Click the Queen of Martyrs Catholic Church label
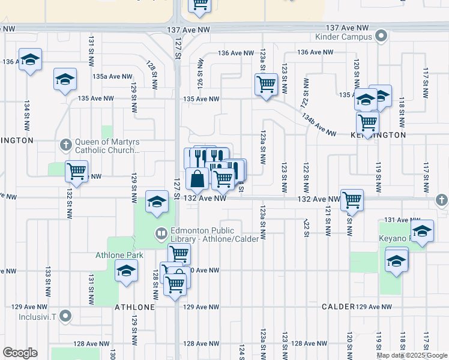[107, 147]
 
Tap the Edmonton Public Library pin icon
[161, 233]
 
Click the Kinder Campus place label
[344, 37]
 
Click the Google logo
[20, 353]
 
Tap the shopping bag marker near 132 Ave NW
[197, 179]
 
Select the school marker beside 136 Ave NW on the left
[30, 59]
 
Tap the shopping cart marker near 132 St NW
[76, 171]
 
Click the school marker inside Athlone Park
[127, 271]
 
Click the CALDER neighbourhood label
[338, 307]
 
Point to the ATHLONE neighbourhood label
[135, 307]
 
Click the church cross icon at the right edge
[442, 199]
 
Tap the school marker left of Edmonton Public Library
[157, 201]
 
